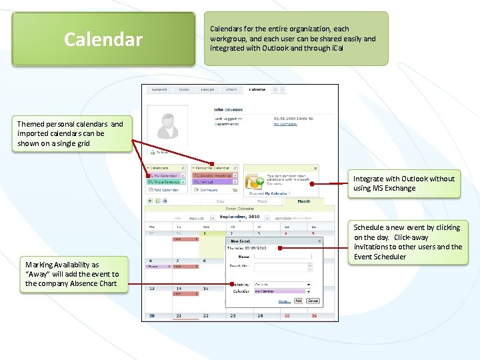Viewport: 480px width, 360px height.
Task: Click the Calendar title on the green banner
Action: pyautogui.click(x=103, y=39)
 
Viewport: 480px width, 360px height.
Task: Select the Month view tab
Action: pyautogui.click(x=303, y=201)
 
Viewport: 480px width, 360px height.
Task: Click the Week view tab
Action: pyautogui.click(x=262, y=201)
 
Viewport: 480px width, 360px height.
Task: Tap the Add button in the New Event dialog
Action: pyautogui.click(x=298, y=301)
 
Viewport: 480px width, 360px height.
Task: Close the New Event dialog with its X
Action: pyautogui.click(x=319, y=241)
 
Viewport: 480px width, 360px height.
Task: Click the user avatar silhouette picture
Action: pyautogui.click(x=164, y=129)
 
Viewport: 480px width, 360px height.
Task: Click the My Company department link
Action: pyautogui.click(x=285, y=124)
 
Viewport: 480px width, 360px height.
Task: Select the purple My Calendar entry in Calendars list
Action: pyautogui.click(x=166, y=176)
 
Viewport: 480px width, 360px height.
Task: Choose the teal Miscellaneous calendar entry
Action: pyautogui.click(x=166, y=182)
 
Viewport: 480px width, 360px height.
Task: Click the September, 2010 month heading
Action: pyautogui.click(x=239, y=217)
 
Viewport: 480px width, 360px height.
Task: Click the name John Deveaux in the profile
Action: pyautogui.click(x=228, y=109)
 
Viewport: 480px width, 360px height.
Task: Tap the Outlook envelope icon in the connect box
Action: pyautogui.click(x=256, y=181)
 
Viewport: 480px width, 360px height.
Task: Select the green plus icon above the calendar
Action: pyautogui.click(x=149, y=200)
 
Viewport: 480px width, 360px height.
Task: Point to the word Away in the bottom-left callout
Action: pyautogui.click(x=37, y=274)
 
